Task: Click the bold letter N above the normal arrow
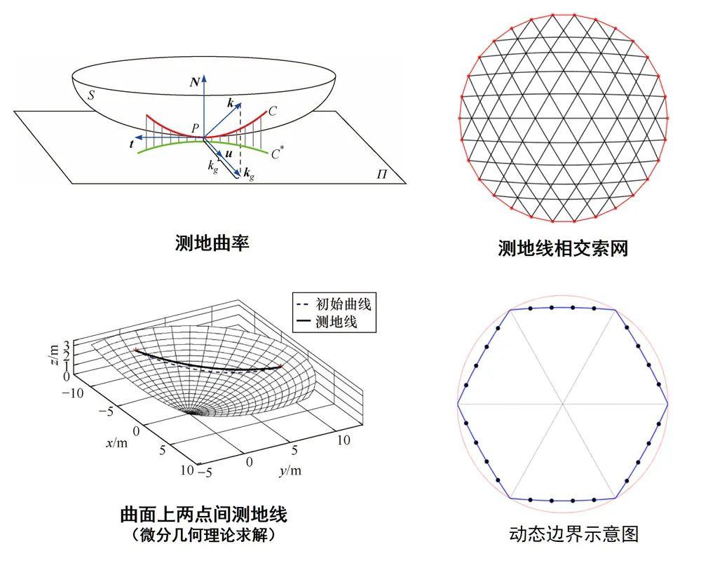(x=194, y=83)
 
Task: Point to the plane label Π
(x=381, y=172)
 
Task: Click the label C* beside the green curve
(x=278, y=150)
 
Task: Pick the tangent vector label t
(x=131, y=145)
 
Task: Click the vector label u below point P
(x=229, y=153)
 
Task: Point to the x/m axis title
(x=118, y=442)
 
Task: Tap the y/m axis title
(x=289, y=470)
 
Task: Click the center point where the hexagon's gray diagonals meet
(x=563, y=404)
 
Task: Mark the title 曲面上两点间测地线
(x=203, y=515)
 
